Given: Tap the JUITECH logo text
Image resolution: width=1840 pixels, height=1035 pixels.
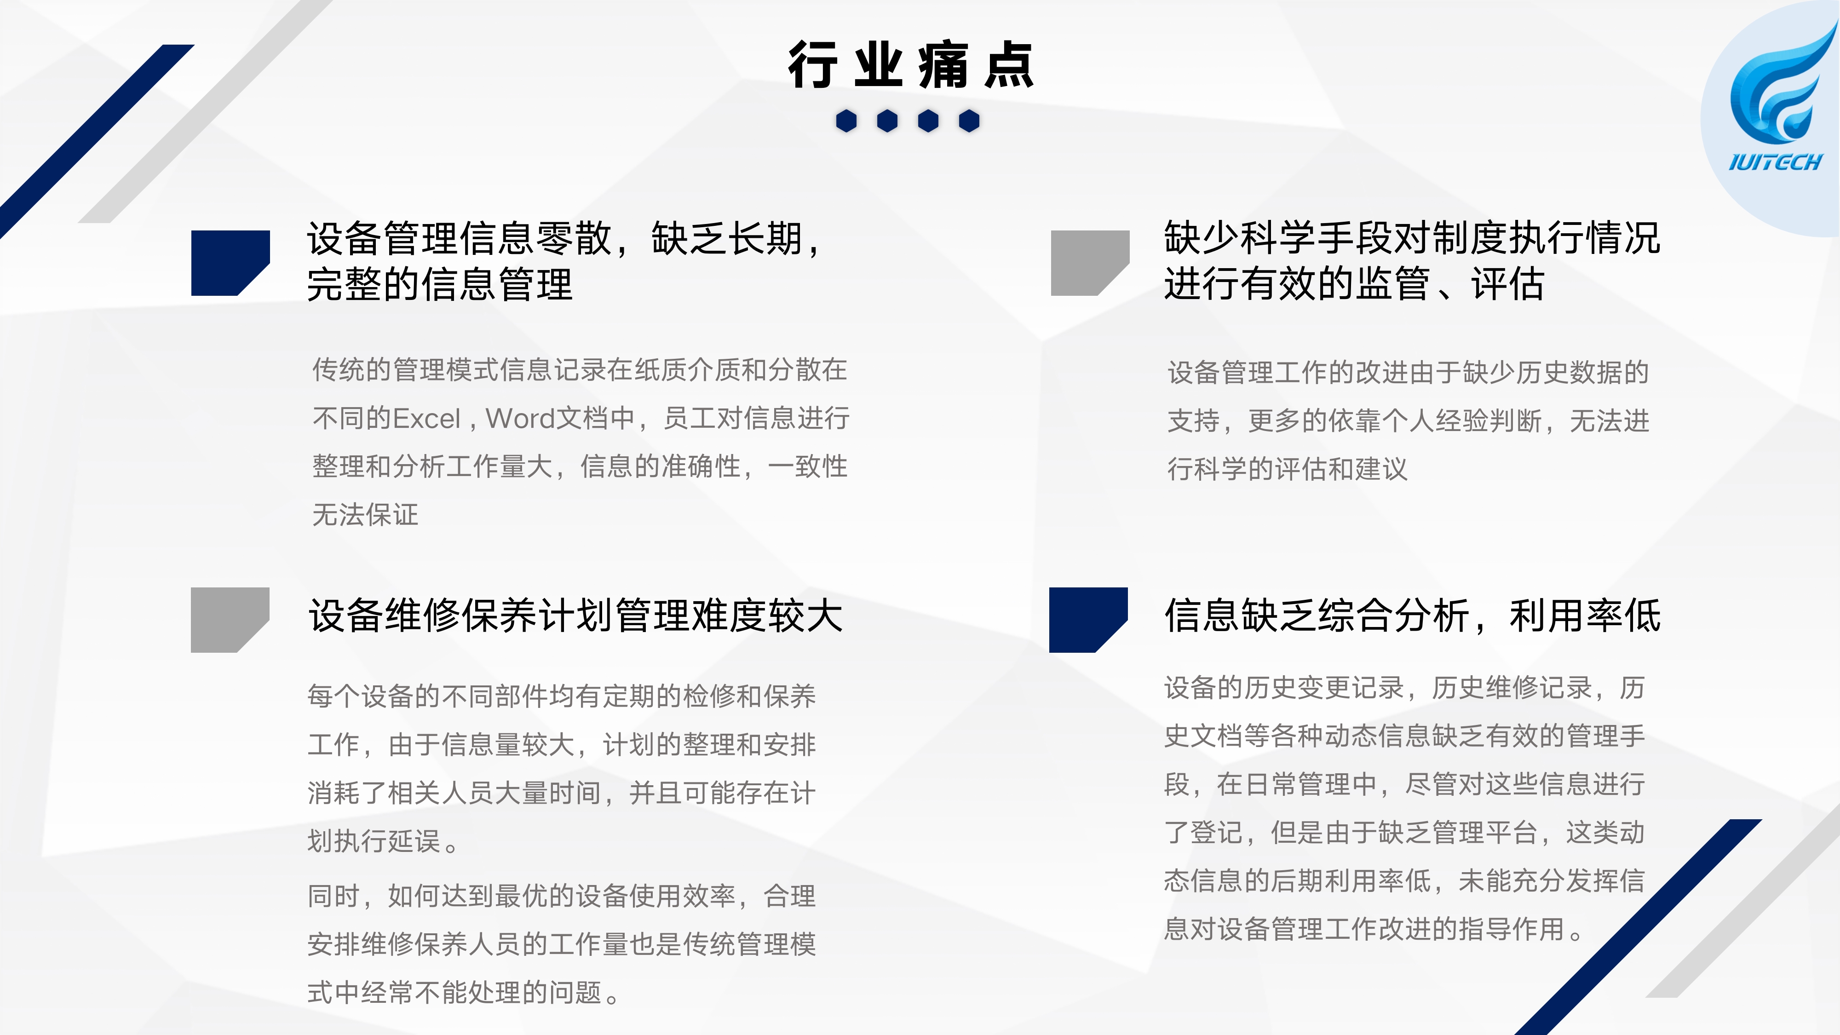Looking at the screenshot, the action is [x=1775, y=162].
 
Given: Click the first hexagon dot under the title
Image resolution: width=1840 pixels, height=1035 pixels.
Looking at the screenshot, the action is [x=846, y=121].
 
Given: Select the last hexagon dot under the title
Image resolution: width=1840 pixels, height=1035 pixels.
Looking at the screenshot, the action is [x=969, y=121].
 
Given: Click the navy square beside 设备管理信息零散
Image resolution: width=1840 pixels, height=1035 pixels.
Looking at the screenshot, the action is [x=230, y=262].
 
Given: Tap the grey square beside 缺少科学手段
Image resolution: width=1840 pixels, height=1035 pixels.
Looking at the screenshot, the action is [x=1090, y=262].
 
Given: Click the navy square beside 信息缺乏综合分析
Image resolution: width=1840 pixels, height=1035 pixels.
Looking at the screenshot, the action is [x=1088, y=619].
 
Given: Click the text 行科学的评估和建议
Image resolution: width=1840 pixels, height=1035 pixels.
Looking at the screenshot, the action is [x=1287, y=469].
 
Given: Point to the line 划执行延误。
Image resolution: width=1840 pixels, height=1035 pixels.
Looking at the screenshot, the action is [x=383, y=841].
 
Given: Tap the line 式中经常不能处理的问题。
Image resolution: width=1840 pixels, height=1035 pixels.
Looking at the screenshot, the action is [x=464, y=992].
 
